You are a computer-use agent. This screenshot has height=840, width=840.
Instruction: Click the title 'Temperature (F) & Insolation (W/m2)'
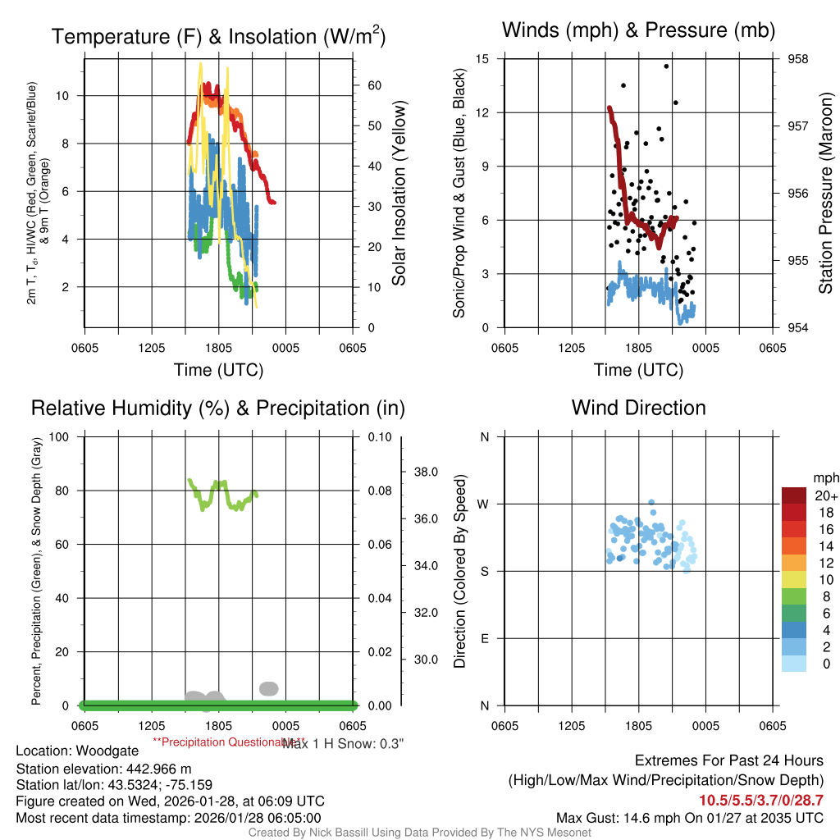click(218, 37)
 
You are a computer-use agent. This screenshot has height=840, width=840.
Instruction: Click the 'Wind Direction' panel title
click(638, 408)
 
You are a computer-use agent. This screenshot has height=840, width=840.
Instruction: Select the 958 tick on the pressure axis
click(797, 59)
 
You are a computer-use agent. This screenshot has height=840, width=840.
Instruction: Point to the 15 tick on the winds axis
click(482, 59)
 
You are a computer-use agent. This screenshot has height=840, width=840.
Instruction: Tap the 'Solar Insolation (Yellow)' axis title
click(399, 194)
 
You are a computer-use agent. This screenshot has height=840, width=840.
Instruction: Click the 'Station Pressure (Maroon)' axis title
click(825, 194)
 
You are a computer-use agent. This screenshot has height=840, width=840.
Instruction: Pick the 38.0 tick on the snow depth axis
click(426, 472)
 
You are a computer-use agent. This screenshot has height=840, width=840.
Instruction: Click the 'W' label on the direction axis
click(484, 504)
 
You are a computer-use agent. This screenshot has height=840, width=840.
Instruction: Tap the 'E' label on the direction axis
click(484, 639)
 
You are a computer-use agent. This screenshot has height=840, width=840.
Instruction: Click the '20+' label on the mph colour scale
click(826, 495)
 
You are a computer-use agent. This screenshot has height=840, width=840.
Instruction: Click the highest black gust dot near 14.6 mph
click(666, 66)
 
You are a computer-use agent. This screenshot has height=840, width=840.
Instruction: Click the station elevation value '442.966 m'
click(156, 769)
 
